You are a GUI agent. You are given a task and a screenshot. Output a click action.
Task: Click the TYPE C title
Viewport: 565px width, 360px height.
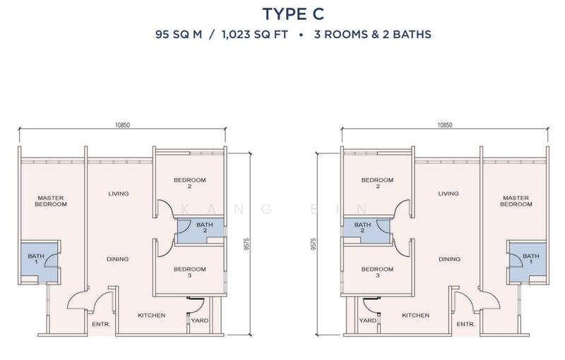click(293, 14)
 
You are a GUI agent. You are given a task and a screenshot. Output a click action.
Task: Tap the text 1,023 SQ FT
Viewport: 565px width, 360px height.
click(255, 35)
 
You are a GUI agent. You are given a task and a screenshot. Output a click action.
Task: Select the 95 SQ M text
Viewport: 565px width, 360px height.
click(179, 35)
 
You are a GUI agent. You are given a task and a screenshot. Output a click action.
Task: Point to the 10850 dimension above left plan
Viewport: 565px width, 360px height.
click(122, 125)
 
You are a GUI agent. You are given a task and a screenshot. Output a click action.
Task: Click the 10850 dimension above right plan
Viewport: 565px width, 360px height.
click(445, 125)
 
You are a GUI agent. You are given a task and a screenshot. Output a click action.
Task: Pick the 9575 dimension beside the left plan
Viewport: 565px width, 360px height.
click(246, 244)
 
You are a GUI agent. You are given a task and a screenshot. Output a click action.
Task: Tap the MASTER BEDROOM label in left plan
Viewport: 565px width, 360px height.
click(51, 201)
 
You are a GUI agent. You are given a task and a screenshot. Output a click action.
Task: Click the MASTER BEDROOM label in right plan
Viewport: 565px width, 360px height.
click(516, 201)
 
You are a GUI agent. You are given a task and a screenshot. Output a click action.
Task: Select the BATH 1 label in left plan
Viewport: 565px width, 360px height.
click(36, 259)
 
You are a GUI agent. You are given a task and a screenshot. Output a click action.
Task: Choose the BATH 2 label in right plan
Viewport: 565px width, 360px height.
click(362, 227)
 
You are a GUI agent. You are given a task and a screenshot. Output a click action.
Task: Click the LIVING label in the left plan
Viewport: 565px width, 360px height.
click(119, 193)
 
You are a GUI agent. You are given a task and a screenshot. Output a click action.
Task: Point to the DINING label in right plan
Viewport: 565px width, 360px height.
click(449, 259)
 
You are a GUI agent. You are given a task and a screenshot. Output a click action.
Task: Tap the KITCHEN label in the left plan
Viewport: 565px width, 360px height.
click(152, 316)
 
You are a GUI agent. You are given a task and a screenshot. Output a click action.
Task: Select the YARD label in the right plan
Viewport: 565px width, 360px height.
click(368, 320)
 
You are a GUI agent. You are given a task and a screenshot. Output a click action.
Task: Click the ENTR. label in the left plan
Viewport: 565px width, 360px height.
click(101, 325)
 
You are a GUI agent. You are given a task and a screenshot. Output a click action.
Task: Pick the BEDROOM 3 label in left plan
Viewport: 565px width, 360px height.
click(189, 272)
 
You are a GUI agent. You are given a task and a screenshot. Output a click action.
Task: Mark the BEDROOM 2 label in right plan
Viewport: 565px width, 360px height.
click(377, 183)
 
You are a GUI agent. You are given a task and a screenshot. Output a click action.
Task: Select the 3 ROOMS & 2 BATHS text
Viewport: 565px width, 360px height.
click(373, 35)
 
